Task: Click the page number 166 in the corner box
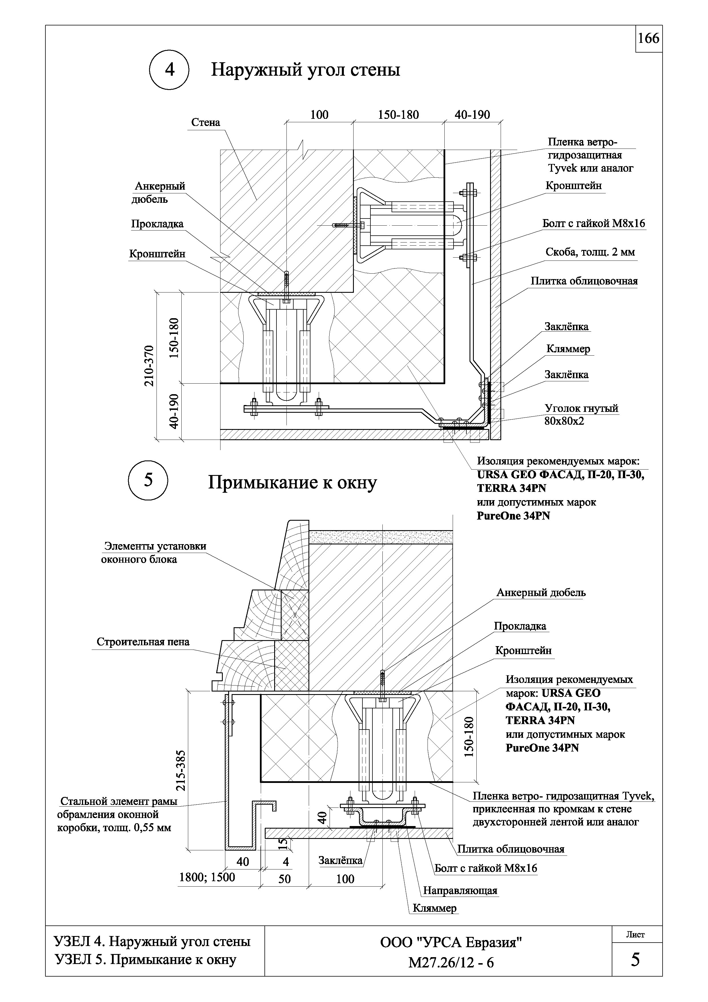point(648,39)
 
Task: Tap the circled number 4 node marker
point(169,70)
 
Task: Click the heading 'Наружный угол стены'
point(305,70)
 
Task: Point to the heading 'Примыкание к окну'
point(292,483)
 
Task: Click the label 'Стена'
point(206,123)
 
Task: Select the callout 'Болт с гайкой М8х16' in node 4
point(593,224)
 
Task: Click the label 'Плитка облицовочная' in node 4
point(584,281)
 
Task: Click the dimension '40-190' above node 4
point(472,115)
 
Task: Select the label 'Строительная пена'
point(143,642)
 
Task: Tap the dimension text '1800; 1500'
point(207,877)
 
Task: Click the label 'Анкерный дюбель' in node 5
point(541,593)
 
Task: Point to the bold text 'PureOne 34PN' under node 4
point(513,516)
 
